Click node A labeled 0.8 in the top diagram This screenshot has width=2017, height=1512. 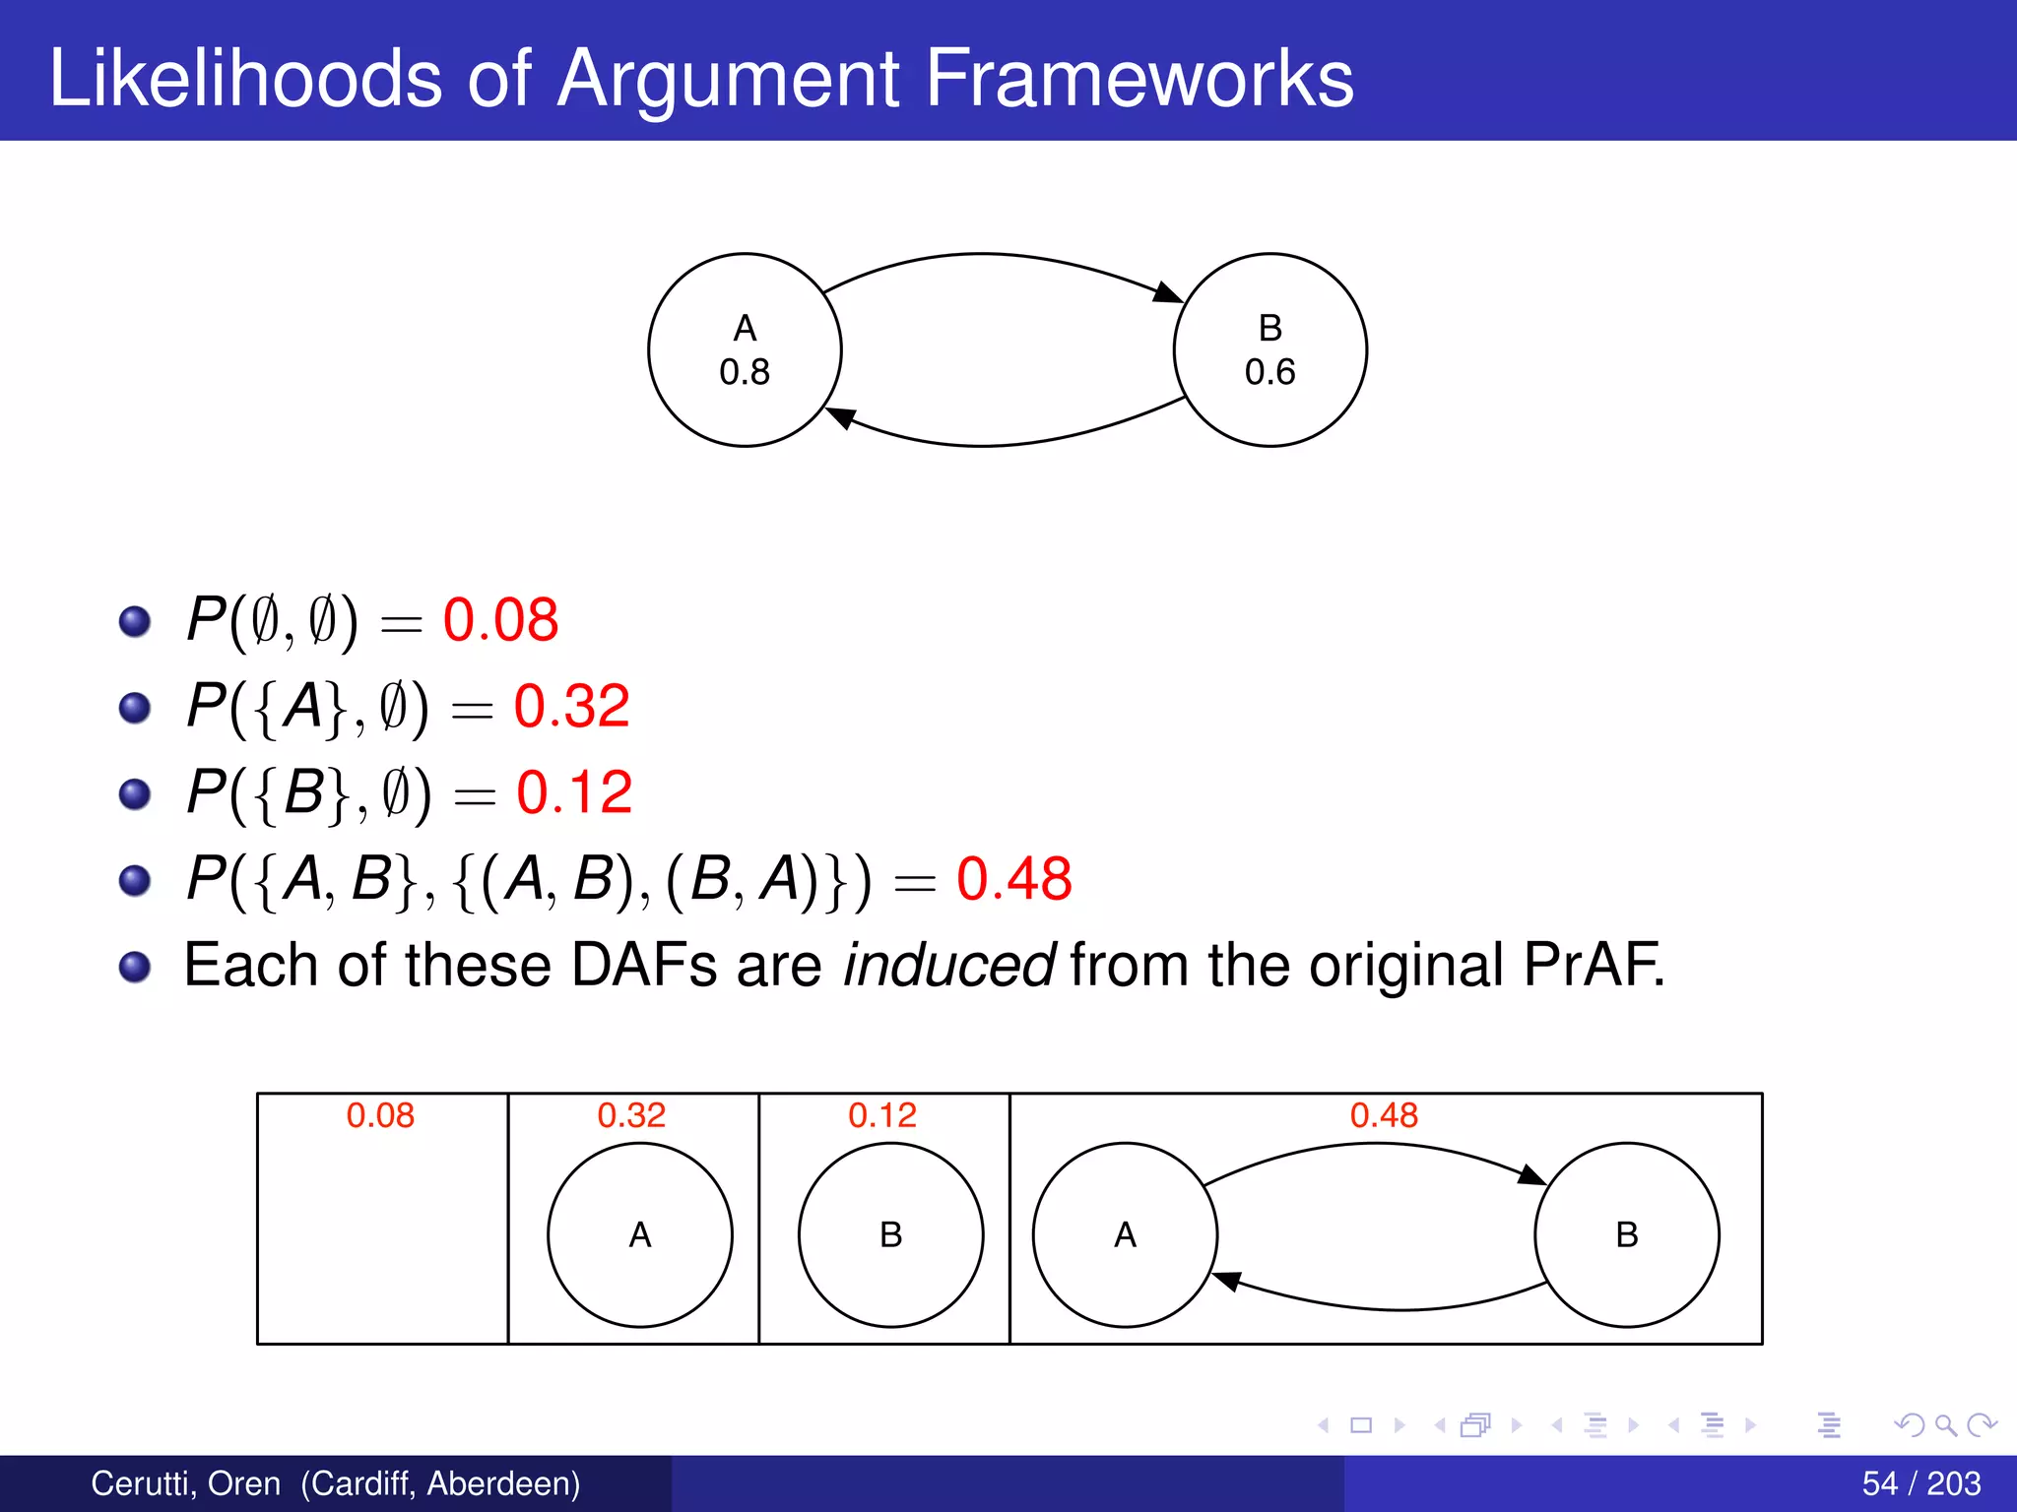click(x=745, y=350)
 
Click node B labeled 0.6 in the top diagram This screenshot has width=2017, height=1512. click(x=1269, y=350)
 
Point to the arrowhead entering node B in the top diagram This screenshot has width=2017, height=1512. click(x=1168, y=293)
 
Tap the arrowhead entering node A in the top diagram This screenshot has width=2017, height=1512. click(x=840, y=417)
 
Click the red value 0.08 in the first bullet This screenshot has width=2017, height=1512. click(x=500, y=620)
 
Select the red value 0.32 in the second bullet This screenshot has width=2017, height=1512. click(x=571, y=706)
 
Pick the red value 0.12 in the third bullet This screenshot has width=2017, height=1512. click(x=574, y=792)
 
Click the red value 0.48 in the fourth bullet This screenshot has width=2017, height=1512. click(x=1013, y=878)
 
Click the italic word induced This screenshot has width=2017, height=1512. click(x=949, y=965)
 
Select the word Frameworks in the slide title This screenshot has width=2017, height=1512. click(x=1139, y=79)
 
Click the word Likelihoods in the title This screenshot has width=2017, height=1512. click(x=245, y=79)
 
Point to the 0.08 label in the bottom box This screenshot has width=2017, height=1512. click(x=380, y=1115)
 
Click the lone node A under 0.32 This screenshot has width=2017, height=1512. click(x=640, y=1234)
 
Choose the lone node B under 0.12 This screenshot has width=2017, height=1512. click(x=890, y=1234)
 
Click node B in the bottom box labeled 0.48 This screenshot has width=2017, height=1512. click(x=1626, y=1234)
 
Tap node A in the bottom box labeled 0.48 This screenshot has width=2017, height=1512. click(x=1125, y=1234)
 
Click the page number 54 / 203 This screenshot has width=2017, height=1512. click(x=1920, y=1483)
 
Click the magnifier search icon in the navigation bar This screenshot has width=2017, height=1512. click(x=1945, y=1424)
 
